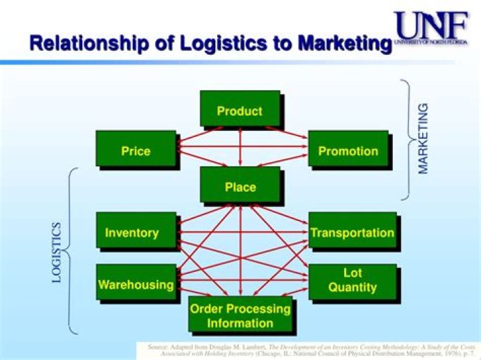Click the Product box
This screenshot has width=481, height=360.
pos(240,110)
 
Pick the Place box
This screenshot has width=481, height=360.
pos(240,186)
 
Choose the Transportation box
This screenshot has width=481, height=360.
pos(352,232)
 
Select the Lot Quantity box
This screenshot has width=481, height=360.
pos(352,281)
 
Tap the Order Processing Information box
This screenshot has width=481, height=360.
pos(240,315)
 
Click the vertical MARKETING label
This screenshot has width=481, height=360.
pos(424,139)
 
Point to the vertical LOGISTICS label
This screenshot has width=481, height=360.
pos(57,252)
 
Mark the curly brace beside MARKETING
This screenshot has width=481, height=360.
pos(406,140)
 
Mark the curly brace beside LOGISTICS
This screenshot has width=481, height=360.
pos(71,250)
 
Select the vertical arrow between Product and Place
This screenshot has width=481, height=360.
pos(240,147)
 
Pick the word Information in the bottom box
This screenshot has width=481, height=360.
pos(240,323)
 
